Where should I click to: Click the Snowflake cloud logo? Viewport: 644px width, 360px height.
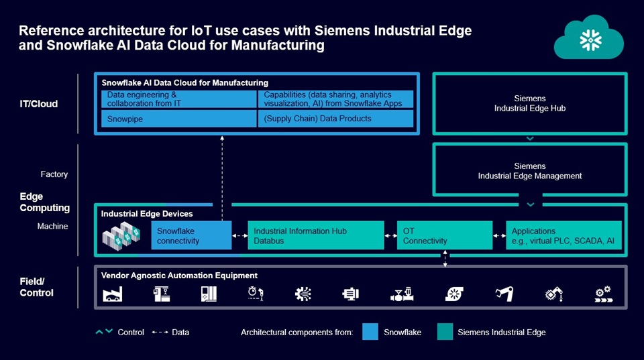click(588, 38)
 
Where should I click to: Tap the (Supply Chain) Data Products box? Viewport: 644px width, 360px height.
click(335, 119)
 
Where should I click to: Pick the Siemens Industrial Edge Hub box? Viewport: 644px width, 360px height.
click(530, 103)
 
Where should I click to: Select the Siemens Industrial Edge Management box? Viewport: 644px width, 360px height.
click(530, 171)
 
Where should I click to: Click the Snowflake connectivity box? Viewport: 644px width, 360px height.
click(191, 235)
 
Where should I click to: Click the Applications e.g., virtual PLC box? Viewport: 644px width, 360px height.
click(563, 235)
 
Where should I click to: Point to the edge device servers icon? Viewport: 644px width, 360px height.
click(121, 235)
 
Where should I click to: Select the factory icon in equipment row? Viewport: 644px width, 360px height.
click(112, 294)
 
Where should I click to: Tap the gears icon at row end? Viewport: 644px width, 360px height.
click(604, 294)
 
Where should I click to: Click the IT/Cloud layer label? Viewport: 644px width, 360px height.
click(38, 104)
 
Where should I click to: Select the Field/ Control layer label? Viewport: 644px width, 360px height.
click(36, 287)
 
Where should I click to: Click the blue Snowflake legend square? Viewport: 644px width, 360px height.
click(370, 332)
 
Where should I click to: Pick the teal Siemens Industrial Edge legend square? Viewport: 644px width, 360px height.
click(445, 332)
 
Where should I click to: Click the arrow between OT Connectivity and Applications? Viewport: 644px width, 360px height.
click(500, 235)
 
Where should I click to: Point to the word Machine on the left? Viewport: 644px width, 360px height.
click(52, 227)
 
